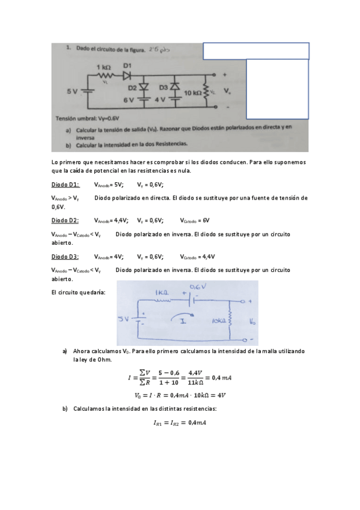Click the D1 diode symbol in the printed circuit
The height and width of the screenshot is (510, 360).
click(x=127, y=76)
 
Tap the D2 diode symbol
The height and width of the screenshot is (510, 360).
click(x=144, y=87)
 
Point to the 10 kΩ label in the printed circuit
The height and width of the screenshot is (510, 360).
click(x=193, y=94)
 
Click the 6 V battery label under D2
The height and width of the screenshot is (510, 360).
click(x=128, y=99)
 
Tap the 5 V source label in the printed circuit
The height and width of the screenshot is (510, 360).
click(x=72, y=91)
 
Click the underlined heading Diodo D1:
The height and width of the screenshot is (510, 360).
click(x=66, y=185)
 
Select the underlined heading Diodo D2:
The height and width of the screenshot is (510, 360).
click(x=66, y=221)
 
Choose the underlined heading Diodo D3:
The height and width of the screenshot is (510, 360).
click(x=66, y=256)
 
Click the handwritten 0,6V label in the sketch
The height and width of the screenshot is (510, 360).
click(x=198, y=286)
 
